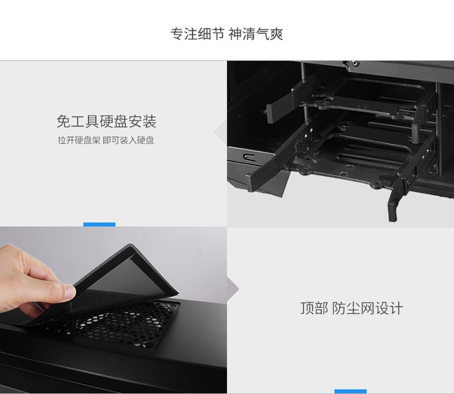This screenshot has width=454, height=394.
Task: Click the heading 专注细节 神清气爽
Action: [227, 34]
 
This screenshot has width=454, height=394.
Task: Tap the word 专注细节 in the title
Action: [197, 34]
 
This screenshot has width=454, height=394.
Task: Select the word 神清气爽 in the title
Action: [255, 34]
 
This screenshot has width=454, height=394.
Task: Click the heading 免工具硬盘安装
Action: [107, 121]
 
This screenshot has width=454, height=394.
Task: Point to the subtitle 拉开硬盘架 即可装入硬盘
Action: [106, 140]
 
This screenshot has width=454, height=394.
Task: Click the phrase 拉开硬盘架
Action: [79, 140]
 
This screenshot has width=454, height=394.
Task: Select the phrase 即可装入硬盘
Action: [128, 140]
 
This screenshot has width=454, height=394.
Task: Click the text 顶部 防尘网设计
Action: [351, 308]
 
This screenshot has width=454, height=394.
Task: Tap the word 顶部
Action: [314, 308]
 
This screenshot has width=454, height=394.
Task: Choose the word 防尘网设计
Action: [367, 308]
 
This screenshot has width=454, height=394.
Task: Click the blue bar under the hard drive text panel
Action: [99, 225]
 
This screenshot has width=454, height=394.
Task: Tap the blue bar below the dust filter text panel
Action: [350, 392]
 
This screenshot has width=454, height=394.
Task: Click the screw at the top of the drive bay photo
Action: [355, 63]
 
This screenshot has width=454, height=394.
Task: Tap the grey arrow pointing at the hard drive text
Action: [220, 132]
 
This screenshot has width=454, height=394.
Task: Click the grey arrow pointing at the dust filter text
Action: [234, 289]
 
